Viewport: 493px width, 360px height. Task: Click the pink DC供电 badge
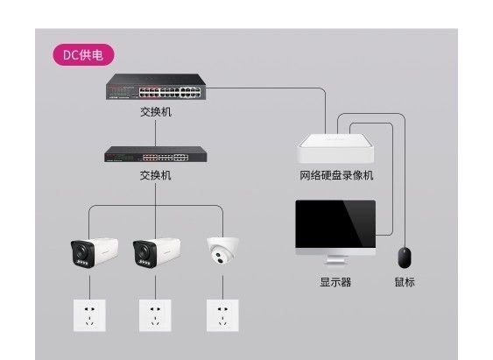coord(83,55)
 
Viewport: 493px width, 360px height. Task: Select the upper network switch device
coord(156,87)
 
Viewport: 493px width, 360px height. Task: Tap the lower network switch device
coord(156,154)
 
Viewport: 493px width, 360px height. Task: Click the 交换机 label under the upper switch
coord(156,112)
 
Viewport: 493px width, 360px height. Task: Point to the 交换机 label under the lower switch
coord(156,175)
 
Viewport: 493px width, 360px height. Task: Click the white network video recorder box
coord(335,148)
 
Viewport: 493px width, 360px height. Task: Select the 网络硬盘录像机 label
coord(336,175)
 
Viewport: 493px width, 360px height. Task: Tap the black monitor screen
coord(335,223)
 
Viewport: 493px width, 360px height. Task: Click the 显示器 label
coord(335,282)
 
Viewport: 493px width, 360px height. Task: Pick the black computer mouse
coord(405,258)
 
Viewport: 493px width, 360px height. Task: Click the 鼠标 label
coord(405,282)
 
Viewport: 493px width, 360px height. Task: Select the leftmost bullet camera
coord(95,253)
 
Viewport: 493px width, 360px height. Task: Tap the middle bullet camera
coord(157,253)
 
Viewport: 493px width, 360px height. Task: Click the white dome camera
coord(222,251)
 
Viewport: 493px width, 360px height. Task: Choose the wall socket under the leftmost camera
coord(89,315)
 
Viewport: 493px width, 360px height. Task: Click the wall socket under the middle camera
coord(155,315)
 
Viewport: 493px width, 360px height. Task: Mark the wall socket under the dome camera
coord(222,315)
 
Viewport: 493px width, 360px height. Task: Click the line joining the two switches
coord(155,133)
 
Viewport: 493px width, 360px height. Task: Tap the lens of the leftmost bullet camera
coord(81,251)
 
